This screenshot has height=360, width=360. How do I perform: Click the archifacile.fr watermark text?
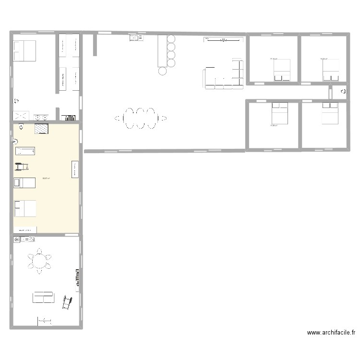point(331,332)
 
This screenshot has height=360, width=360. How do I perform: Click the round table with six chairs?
point(40,261)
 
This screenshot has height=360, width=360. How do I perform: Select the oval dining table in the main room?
point(140,118)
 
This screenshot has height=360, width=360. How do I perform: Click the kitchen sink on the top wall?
point(134,37)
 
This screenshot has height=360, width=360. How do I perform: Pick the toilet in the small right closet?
point(343,91)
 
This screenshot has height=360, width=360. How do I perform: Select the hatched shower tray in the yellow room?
point(41,129)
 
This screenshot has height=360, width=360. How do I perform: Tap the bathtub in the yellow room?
point(26,152)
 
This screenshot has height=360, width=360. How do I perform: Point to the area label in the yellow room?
point(46,178)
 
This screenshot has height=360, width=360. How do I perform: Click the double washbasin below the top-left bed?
point(41,116)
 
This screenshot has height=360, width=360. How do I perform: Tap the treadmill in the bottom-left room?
point(66,302)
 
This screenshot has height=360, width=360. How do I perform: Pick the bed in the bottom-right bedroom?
point(330,113)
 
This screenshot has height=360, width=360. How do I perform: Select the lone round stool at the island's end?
point(163,72)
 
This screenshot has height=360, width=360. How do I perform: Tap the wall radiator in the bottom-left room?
point(76,278)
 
